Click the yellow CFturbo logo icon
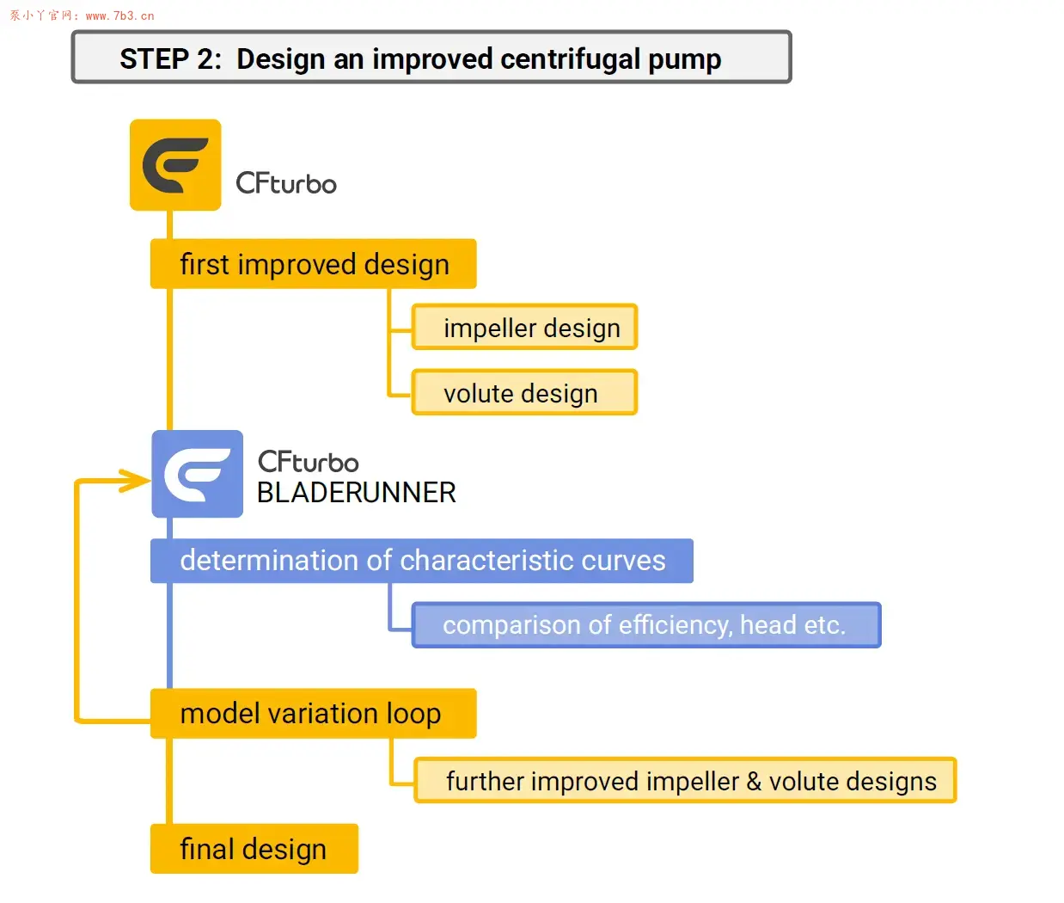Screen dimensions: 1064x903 pyautogui.click(x=175, y=165)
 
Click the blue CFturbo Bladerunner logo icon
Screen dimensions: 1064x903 pyautogui.click(x=197, y=474)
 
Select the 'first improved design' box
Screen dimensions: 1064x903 pyautogui.click(x=314, y=264)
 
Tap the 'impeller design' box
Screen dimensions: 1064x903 pyautogui.click(x=524, y=327)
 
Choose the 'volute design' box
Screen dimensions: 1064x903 pyautogui.click(x=524, y=392)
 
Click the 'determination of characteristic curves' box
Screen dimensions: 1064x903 pyautogui.click(x=422, y=561)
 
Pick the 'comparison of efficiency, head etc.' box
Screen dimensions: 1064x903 pyautogui.click(x=646, y=625)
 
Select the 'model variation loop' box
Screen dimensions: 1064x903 pyautogui.click(x=314, y=714)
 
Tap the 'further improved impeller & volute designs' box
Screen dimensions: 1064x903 pyautogui.click(x=685, y=780)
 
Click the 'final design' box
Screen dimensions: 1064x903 pyautogui.click(x=254, y=849)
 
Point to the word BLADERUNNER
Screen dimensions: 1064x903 pyautogui.click(x=356, y=493)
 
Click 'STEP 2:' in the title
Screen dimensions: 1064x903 pyautogui.click(x=170, y=58)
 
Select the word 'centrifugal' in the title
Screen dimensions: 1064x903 pyautogui.click(x=571, y=59)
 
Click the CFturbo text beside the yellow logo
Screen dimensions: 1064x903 pyautogui.click(x=286, y=183)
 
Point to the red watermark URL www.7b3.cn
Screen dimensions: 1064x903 pyautogui.click(x=120, y=15)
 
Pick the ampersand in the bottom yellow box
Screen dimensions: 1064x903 pyautogui.click(x=754, y=781)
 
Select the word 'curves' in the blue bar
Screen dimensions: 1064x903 pyautogui.click(x=623, y=561)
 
